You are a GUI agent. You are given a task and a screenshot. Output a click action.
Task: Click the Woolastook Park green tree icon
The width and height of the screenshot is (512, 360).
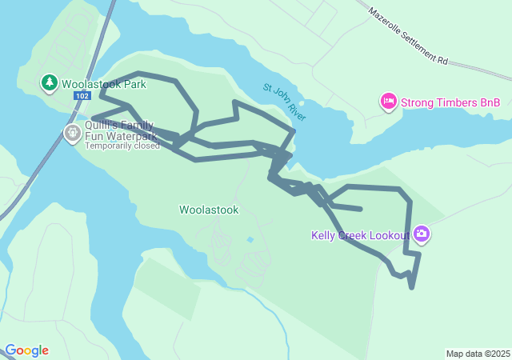tap(50, 82)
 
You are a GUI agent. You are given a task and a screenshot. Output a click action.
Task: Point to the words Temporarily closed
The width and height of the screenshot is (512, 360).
tap(122, 146)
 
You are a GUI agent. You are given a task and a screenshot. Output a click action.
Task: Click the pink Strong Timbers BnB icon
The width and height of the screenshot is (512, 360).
tap(388, 102)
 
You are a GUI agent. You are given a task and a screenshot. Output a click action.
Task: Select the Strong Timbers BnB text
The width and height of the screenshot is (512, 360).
tap(450, 102)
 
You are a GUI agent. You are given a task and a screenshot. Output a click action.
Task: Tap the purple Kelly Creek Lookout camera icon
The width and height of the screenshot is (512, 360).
tap(422, 234)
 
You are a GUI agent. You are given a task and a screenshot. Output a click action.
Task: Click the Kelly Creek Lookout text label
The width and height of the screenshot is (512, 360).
tap(360, 235)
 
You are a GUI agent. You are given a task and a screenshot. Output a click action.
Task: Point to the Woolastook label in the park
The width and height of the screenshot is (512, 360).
tap(209, 210)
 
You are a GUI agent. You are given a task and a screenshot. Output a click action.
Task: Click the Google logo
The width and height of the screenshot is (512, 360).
tap(26, 350)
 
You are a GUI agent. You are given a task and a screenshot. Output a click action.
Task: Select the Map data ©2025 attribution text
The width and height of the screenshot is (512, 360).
tap(478, 354)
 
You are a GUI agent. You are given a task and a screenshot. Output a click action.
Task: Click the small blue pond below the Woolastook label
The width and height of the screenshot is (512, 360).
tap(250, 239)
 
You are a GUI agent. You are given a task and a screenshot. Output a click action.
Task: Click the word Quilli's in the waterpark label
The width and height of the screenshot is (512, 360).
tap(103, 126)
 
